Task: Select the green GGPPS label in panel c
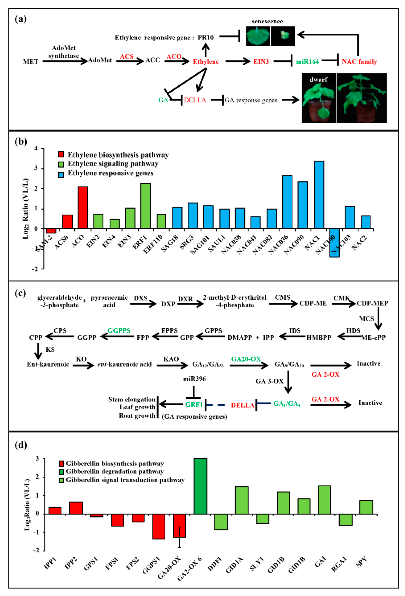[119, 331]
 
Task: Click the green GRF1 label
[194, 404]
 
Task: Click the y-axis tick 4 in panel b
[36, 148]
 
